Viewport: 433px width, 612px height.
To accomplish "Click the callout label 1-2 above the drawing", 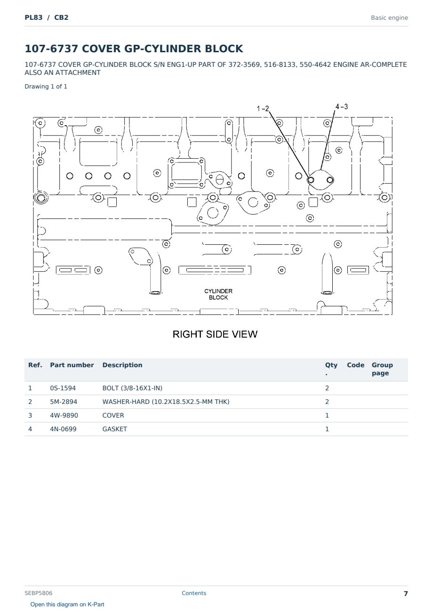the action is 263,109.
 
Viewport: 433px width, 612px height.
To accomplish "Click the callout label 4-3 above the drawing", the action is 342,106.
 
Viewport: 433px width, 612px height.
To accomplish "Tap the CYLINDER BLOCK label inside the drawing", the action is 218,294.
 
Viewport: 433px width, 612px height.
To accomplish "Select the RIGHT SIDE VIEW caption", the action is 215,334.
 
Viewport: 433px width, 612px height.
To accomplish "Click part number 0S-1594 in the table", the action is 63,388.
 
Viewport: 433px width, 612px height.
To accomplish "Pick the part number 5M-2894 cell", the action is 64,402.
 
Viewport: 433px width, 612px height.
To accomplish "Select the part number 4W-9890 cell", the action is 64,415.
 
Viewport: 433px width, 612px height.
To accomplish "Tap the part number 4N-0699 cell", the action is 63,429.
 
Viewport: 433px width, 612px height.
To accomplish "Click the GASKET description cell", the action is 115,429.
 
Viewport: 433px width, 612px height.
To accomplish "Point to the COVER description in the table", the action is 113,415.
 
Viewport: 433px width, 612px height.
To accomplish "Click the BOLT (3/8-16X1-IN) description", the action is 132,388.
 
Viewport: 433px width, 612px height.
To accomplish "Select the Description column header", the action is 122,365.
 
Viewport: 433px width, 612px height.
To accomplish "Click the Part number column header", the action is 72,365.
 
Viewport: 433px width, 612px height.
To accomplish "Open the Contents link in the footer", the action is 194,593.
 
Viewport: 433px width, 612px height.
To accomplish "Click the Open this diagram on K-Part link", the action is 67,604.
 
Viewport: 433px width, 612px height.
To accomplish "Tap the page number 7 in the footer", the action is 406,594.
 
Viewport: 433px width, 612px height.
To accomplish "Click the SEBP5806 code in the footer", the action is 39,593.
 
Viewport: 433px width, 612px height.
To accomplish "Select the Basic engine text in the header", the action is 389,18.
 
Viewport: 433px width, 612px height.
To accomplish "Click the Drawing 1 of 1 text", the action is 46,87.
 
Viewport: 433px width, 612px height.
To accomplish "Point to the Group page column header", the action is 382,369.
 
